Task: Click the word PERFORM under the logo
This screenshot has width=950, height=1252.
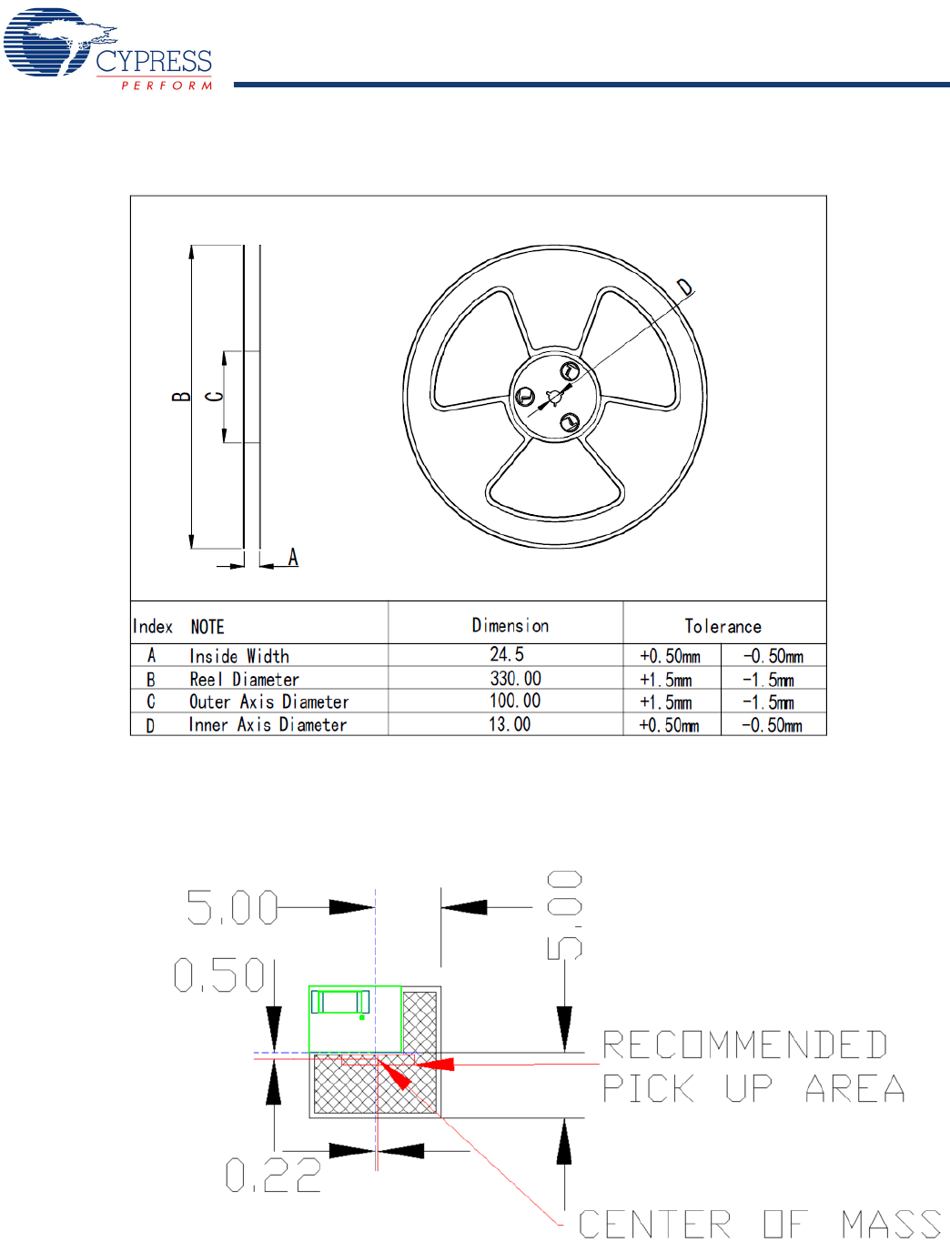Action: pos(167,86)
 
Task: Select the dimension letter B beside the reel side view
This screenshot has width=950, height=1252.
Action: pos(181,397)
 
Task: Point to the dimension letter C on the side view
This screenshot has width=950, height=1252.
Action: pos(215,396)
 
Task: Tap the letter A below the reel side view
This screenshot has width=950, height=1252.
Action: pos(293,557)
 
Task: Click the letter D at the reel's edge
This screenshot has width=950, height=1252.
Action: pos(685,287)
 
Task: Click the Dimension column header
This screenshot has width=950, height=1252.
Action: pos(510,626)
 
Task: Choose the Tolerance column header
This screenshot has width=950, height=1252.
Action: pos(723,626)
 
